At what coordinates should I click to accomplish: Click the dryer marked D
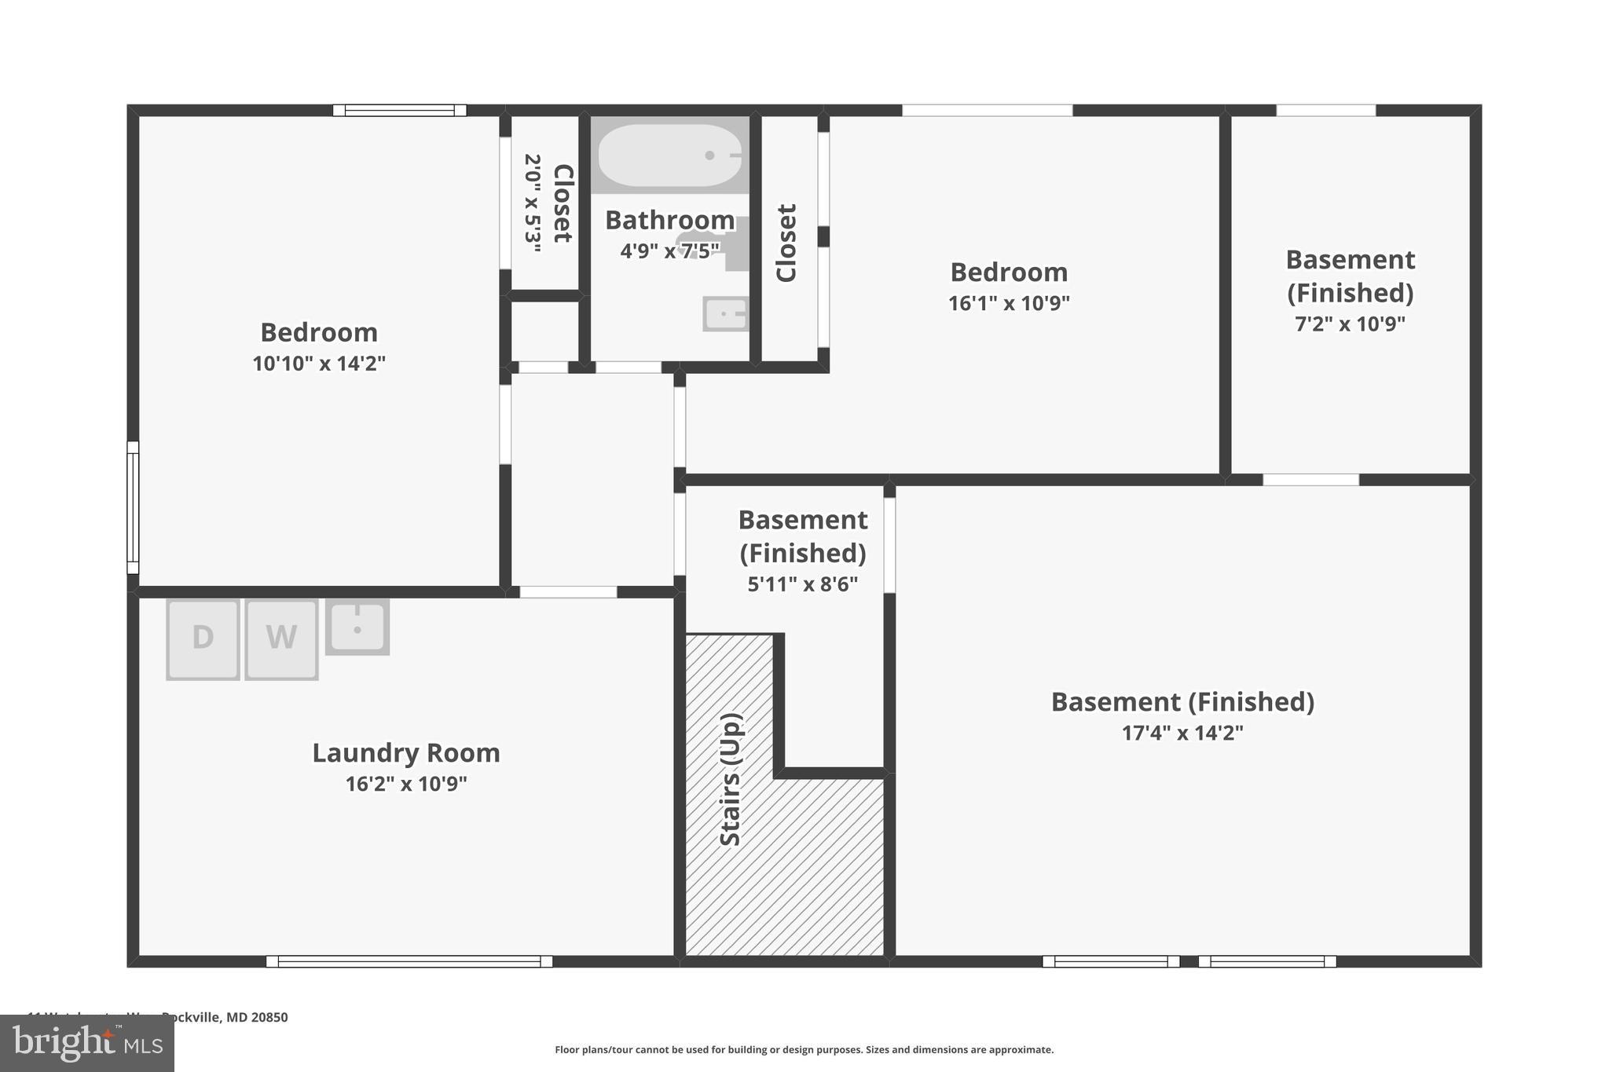click(x=203, y=639)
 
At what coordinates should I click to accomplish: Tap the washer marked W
click(x=281, y=639)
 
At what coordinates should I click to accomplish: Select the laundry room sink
click(x=357, y=627)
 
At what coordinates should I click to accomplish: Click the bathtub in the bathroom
click(x=669, y=155)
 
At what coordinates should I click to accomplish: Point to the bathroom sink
click(x=725, y=314)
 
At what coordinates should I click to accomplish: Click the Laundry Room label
click(x=406, y=753)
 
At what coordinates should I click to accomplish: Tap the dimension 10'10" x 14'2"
click(x=319, y=364)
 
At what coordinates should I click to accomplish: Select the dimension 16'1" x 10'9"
click(x=1009, y=303)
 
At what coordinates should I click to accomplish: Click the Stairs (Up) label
click(x=731, y=779)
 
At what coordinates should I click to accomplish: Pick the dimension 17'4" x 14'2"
click(x=1182, y=734)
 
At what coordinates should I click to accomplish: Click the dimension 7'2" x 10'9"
click(x=1350, y=324)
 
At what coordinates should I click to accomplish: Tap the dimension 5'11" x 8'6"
click(x=802, y=584)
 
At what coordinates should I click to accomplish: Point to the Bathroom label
click(x=669, y=220)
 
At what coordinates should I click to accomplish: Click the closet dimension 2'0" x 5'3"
click(x=533, y=203)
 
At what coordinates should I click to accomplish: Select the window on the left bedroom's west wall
click(x=133, y=507)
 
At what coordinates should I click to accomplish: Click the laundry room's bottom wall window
click(x=409, y=961)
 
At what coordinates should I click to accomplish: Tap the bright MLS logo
click(x=87, y=1044)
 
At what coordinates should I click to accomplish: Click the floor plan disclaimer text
click(x=804, y=1049)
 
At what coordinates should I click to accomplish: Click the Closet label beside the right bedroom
click(x=786, y=243)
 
